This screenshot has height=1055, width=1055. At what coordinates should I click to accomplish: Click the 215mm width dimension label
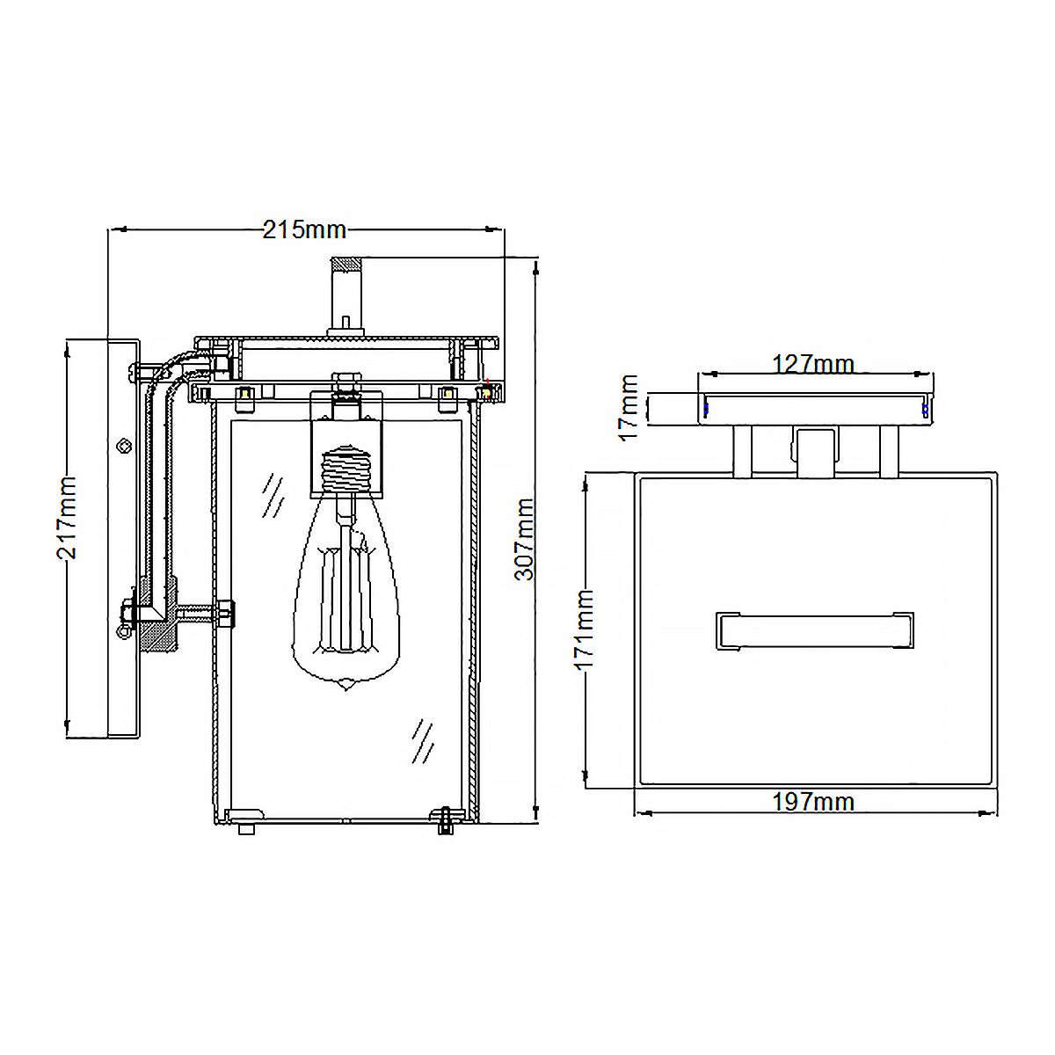tap(304, 230)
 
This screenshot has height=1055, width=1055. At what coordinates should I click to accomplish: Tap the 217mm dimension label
tap(68, 517)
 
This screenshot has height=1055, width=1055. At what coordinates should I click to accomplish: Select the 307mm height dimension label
tap(525, 538)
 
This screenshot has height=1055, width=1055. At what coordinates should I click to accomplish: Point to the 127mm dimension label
tap(812, 363)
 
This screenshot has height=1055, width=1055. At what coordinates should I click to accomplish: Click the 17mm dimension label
tap(629, 407)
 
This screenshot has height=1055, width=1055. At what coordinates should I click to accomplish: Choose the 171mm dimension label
tap(586, 629)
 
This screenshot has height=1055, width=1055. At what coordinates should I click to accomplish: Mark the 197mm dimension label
tap(812, 802)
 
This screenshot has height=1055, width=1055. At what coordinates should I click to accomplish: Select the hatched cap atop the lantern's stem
tap(347, 264)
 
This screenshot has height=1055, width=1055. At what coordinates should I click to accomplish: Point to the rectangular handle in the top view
tap(815, 629)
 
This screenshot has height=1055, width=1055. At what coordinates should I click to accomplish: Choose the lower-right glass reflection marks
tap(423, 738)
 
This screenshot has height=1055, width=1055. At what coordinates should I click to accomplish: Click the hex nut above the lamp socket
tap(345, 383)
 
